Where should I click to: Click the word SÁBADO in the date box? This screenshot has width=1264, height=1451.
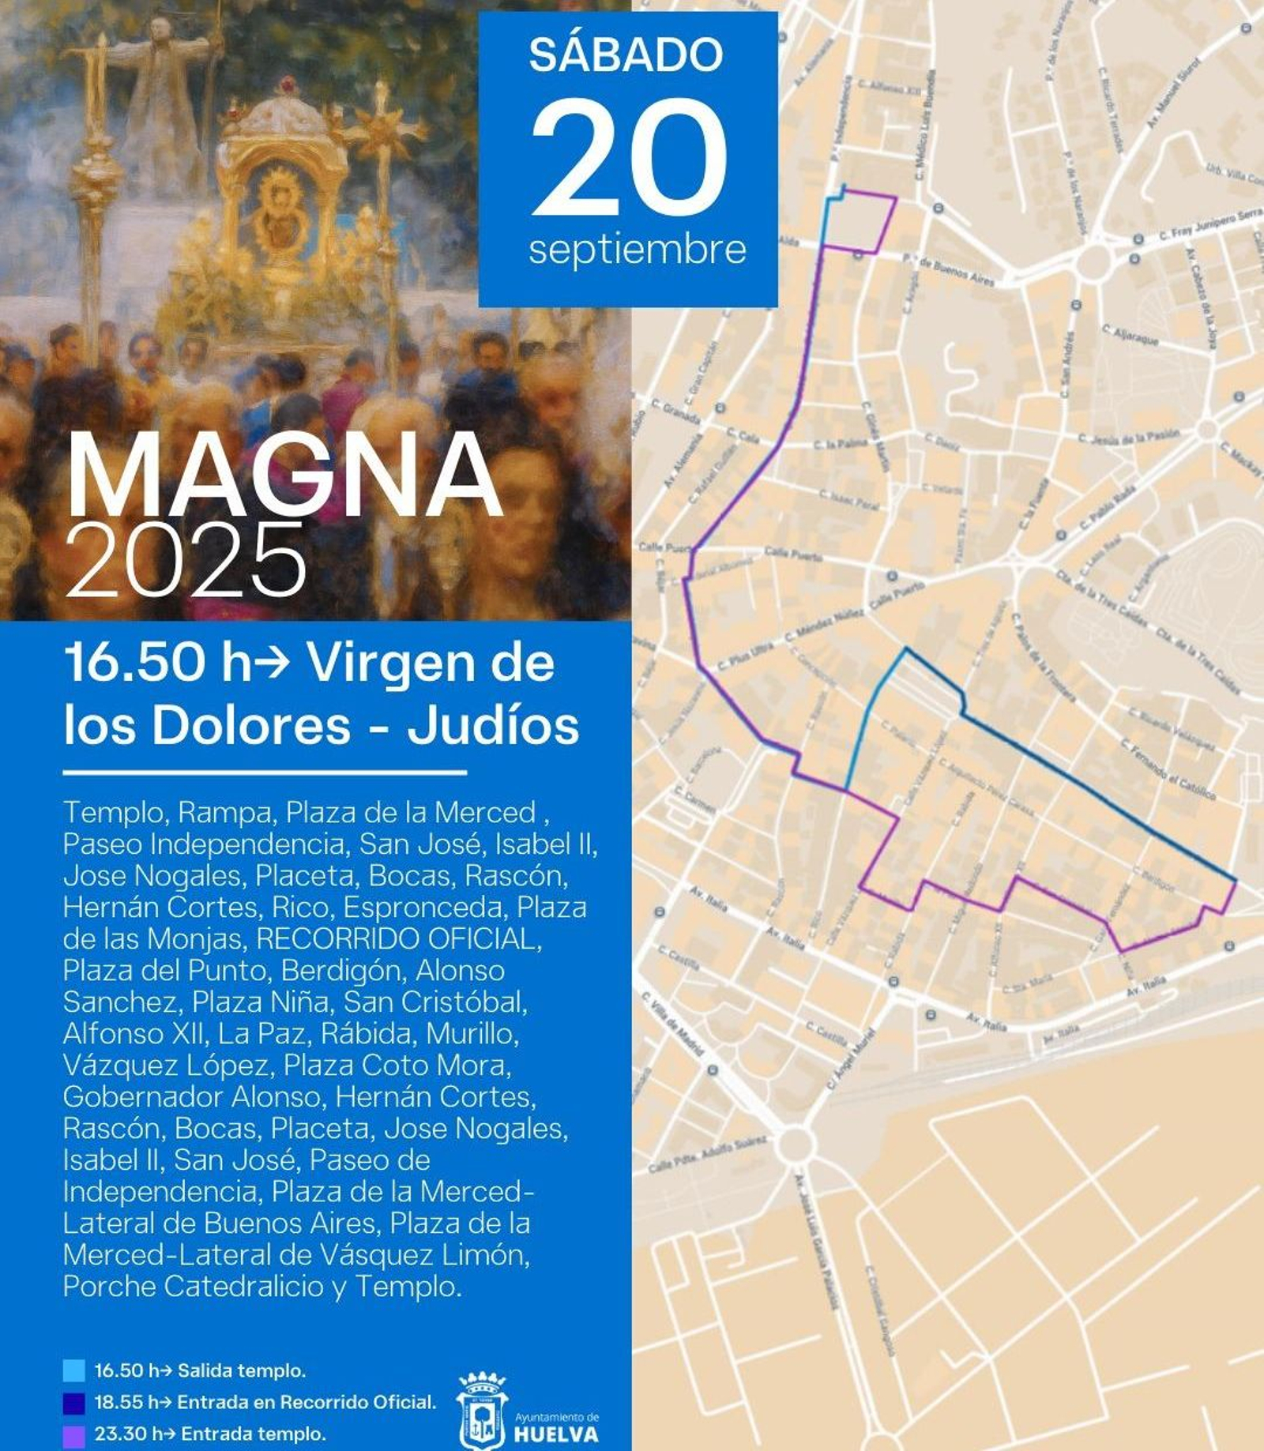626,55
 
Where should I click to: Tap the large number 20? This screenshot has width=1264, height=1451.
629,158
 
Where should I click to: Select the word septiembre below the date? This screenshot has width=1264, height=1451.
637,250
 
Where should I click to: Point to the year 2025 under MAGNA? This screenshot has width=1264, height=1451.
186,562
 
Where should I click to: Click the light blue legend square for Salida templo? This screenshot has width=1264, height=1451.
73,1370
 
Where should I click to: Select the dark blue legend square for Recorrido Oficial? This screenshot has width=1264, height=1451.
73,1402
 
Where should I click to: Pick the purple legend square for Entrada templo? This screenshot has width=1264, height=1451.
73,1434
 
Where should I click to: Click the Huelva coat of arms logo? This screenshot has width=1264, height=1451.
482,1410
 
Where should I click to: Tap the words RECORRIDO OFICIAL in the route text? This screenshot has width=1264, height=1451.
399,938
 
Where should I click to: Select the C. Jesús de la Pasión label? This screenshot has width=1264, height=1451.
1129,436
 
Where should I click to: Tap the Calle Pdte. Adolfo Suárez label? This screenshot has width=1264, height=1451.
708,1154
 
